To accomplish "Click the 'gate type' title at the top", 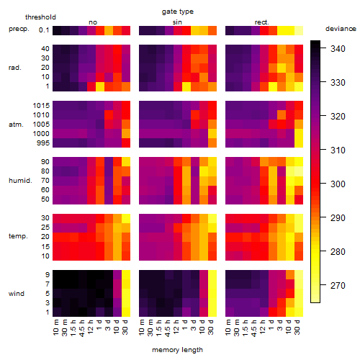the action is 178,12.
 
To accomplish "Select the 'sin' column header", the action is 177,22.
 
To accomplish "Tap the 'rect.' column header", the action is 262,22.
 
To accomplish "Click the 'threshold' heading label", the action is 40,17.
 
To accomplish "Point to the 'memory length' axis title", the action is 178,350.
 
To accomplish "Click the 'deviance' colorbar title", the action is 341,29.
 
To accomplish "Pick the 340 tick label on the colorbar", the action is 338,49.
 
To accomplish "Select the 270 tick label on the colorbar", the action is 338,286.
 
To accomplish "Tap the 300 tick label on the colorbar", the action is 338,184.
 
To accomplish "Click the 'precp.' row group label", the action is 19,29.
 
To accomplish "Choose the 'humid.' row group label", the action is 20,181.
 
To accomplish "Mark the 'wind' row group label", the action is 17,294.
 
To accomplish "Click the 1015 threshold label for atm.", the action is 41,106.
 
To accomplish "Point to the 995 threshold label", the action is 43,143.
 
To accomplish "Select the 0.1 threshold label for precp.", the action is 44,30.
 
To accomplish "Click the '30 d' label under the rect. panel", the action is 297,327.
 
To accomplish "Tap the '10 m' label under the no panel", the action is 55,327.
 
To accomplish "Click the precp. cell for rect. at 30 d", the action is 299,31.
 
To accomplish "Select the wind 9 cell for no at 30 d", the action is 126,275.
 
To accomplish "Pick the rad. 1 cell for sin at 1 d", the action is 186,86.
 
